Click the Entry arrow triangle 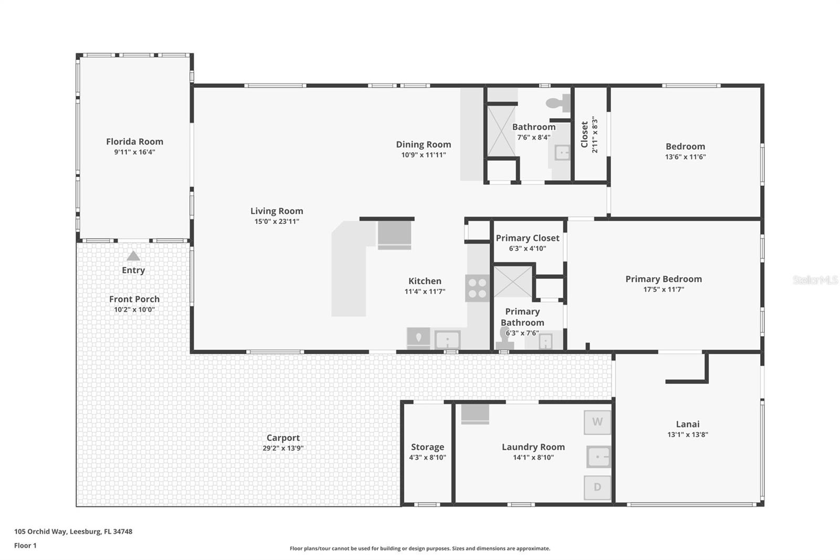pyautogui.click(x=133, y=256)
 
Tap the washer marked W pyautogui.click(x=597, y=422)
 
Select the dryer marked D pyautogui.click(x=597, y=487)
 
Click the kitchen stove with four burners pyautogui.click(x=477, y=288)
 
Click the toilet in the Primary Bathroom pyautogui.click(x=505, y=338)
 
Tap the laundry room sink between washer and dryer pyautogui.click(x=598, y=457)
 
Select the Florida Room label pyautogui.click(x=134, y=141)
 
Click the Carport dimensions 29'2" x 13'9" pyautogui.click(x=283, y=448)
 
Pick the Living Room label pyautogui.click(x=277, y=211)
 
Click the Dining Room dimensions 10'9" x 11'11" pyautogui.click(x=423, y=155)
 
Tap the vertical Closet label pyautogui.click(x=584, y=134)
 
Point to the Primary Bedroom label pyautogui.click(x=663, y=279)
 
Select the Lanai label pyautogui.click(x=687, y=424)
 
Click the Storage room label pyautogui.click(x=427, y=447)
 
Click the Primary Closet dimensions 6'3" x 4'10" pyautogui.click(x=527, y=248)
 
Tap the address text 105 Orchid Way pyautogui.click(x=73, y=531)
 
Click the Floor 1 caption pyautogui.click(x=25, y=545)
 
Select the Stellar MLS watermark pyautogui.click(x=815, y=281)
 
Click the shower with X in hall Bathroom pyautogui.click(x=501, y=131)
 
